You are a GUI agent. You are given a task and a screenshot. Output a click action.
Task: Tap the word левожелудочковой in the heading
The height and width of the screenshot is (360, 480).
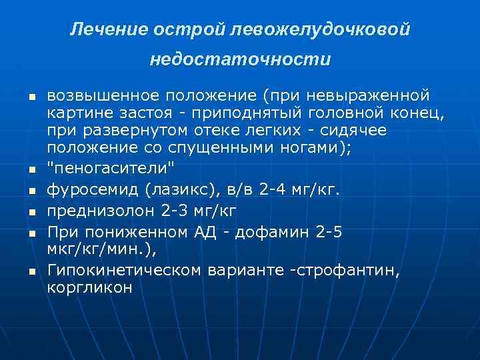(x=319, y=29)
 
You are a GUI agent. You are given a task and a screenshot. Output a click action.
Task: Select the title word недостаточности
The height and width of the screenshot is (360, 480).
(x=240, y=60)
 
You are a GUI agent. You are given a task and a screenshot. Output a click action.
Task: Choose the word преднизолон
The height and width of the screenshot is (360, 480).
(x=101, y=211)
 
